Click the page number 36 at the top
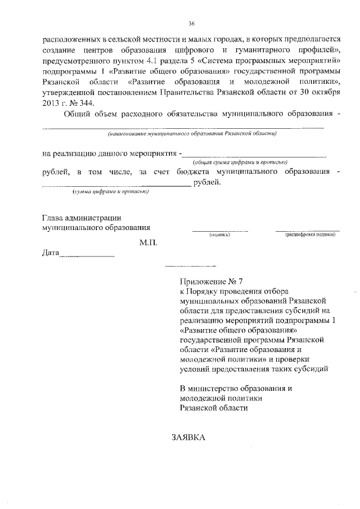191,23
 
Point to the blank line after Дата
87,256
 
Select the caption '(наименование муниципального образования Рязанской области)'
192,133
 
